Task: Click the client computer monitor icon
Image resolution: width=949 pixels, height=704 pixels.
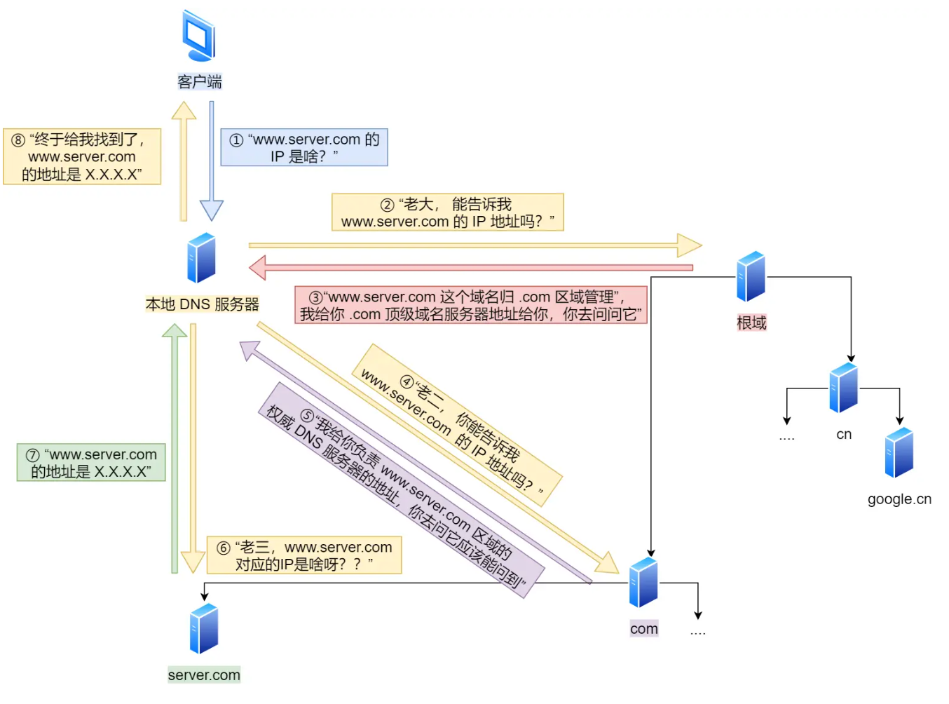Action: coord(198,35)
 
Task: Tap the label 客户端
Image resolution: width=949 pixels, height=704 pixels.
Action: coord(200,82)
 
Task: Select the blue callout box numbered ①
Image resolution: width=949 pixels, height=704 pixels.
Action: coord(304,147)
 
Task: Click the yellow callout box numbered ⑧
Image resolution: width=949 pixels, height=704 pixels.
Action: coord(82,156)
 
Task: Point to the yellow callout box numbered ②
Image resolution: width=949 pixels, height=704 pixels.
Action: coord(447,212)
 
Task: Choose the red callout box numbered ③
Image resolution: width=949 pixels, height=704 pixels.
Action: coord(470,305)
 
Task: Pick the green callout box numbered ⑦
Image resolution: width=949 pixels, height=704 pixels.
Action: coord(91,463)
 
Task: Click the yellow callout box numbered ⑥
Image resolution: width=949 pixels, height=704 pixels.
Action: coord(304,555)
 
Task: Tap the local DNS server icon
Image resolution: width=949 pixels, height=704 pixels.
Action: coord(202,258)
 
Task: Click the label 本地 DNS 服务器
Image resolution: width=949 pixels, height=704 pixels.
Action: coord(202,304)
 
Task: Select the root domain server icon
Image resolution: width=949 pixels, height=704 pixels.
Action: coord(751,276)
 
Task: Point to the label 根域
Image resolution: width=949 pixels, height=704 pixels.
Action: coord(751,323)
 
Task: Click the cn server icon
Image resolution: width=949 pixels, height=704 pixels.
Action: coord(843,388)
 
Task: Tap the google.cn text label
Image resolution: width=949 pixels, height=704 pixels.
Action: coord(899,499)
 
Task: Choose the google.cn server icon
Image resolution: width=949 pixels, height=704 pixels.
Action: coord(899,453)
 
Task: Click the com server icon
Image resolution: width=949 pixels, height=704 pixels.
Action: coord(643,583)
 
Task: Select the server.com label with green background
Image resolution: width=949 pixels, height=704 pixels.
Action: coord(204,675)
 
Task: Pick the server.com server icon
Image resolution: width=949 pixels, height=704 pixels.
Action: coord(204,629)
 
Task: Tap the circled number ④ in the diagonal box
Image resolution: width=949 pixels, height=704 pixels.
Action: coord(407,382)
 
